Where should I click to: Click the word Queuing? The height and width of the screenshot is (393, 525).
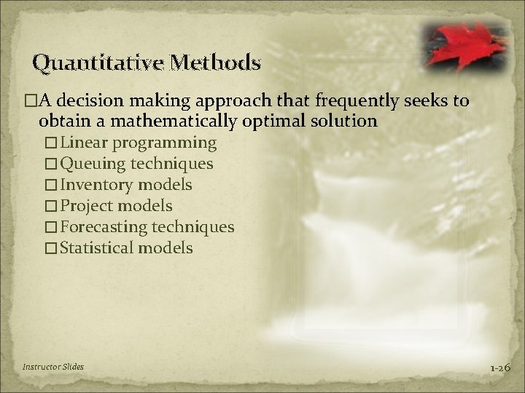[x=92, y=164]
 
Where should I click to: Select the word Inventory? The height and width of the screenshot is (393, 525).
[x=96, y=185]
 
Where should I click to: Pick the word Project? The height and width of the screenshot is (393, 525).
[x=87, y=206]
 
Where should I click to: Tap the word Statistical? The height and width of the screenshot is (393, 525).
[x=97, y=248]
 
